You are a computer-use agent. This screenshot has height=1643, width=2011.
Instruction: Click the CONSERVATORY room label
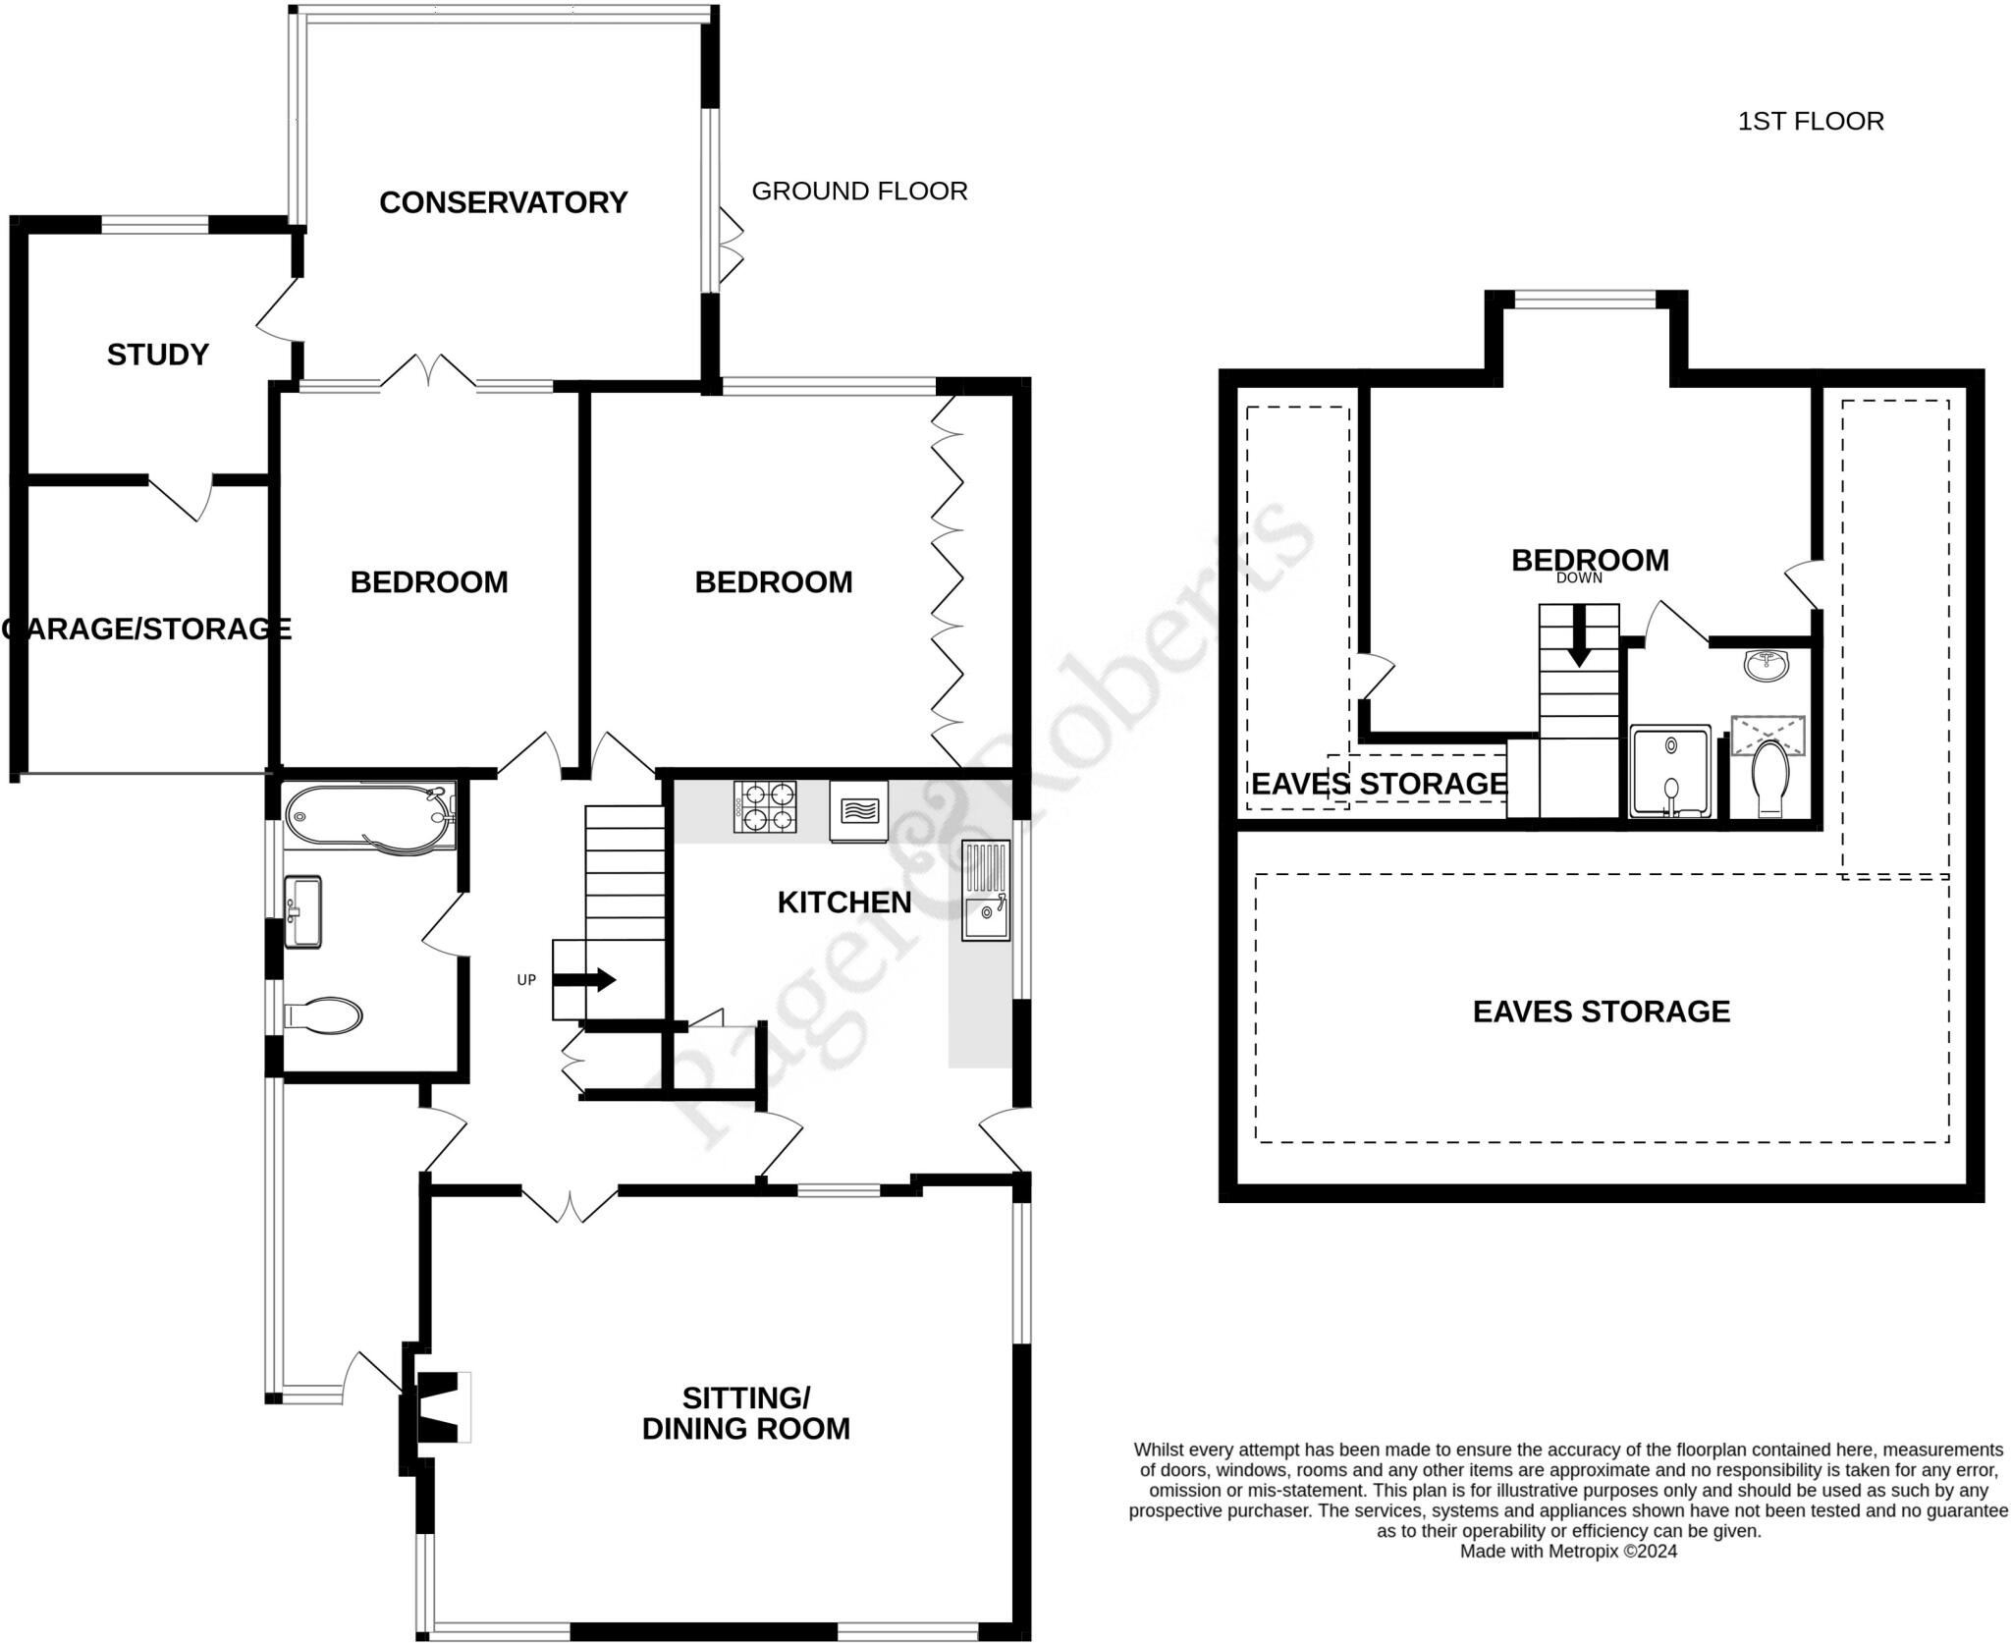[x=503, y=202]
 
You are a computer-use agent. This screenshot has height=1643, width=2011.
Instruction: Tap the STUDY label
[x=157, y=355]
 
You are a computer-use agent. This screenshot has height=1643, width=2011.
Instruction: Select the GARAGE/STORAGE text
[x=147, y=629]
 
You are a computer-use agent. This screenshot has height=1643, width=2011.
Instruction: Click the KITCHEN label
[x=843, y=902]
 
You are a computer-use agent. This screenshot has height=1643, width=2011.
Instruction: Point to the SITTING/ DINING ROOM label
[x=745, y=1413]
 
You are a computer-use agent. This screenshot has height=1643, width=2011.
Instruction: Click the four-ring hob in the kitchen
[x=764, y=805]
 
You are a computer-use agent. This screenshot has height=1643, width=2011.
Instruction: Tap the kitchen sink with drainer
[x=986, y=890]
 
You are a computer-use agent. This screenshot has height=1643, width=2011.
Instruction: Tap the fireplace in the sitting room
[x=440, y=1407]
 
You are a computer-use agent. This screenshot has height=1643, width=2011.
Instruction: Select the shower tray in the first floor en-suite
[x=1669, y=771]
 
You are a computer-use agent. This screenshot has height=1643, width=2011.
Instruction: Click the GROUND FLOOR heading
[x=859, y=191]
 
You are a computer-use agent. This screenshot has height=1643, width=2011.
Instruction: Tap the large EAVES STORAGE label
[x=1601, y=1012]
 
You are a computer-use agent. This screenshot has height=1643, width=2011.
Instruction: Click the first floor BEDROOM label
[x=1589, y=560]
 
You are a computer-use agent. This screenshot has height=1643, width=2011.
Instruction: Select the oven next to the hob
[x=858, y=811]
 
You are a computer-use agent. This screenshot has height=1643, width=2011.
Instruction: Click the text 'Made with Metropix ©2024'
[x=1568, y=1552]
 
